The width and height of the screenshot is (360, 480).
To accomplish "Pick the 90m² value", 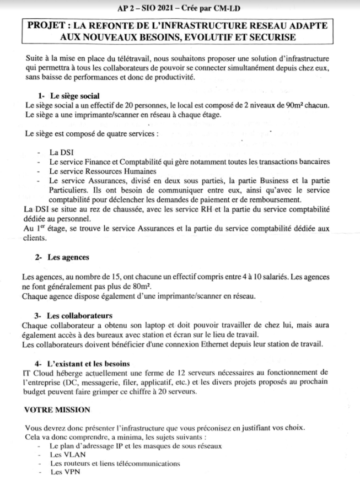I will [291, 105].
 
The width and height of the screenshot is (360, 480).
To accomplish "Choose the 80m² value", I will [140, 287].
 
